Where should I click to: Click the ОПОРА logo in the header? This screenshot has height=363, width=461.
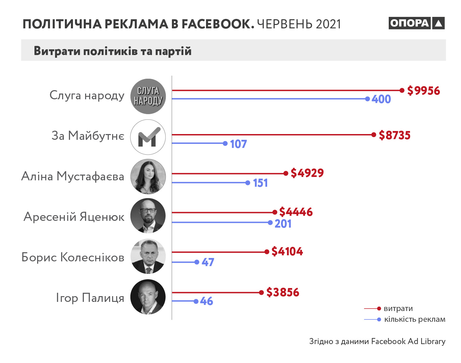tap(416, 23)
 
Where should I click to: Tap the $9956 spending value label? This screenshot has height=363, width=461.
tap(424, 90)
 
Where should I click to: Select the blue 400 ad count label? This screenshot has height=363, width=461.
tap(381, 99)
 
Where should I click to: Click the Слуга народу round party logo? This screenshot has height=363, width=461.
tap(148, 96)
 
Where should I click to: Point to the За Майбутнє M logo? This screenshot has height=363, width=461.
tap(148, 137)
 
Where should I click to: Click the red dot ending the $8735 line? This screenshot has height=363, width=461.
tap(374, 135)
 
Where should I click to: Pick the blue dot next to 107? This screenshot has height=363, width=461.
tap(225, 144)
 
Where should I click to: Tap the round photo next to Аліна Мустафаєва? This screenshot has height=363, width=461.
tap(148, 176)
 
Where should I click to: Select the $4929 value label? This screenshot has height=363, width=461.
tap(307, 173)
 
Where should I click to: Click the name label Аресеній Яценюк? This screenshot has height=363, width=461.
tap(74, 216)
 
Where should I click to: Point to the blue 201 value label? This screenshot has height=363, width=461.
tap(283, 224)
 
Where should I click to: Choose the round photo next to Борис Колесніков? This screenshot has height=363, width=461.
tap(148, 257)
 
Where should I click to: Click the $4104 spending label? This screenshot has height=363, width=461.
tap(287, 251)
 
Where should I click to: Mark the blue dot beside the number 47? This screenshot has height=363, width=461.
tap(197, 262)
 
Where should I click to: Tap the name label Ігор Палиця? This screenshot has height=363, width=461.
tap(90, 298)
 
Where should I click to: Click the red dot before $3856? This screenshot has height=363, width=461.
tap(261, 292)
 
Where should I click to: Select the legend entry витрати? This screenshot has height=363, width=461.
tap(398, 308)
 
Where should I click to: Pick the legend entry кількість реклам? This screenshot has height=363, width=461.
tap(415, 319)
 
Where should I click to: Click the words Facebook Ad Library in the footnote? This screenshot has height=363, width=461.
tap(408, 341)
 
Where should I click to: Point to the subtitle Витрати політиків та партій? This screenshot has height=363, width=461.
tap(112, 51)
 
